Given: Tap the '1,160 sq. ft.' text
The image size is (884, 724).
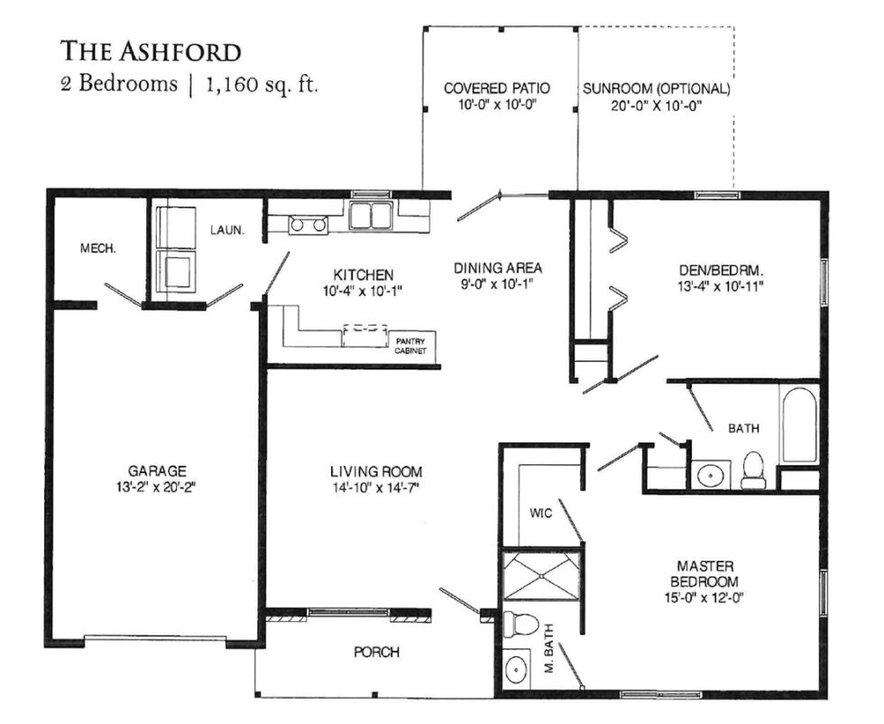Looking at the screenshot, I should [262, 86].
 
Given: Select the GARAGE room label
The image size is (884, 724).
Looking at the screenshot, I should [156, 470].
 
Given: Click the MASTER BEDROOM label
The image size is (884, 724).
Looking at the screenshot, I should [695, 573].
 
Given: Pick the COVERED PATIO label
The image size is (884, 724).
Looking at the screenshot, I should [497, 88].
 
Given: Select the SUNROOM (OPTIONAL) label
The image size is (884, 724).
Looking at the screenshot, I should [656, 88].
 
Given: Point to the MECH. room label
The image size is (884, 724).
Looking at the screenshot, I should [97, 248].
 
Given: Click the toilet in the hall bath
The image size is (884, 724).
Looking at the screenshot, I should [753, 469].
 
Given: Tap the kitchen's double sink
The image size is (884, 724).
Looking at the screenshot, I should [371, 217].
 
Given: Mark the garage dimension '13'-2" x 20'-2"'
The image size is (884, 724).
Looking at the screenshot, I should [156, 487].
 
